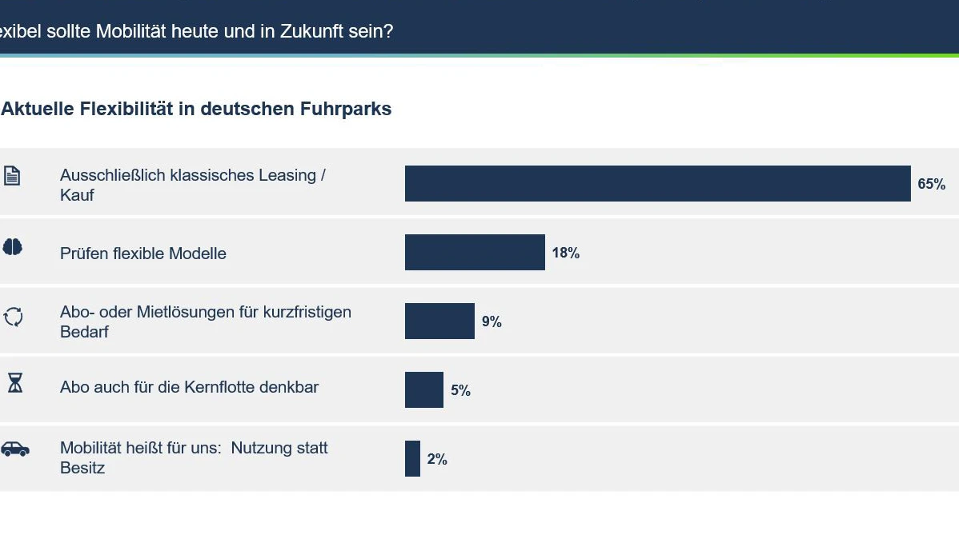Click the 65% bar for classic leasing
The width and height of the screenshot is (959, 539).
(657, 183)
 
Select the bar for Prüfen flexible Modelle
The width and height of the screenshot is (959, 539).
(475, 253)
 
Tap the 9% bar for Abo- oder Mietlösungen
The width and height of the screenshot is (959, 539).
(439, 321)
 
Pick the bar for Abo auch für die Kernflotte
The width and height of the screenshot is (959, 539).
(423, 390)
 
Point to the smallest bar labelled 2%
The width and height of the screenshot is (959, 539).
(412, 458)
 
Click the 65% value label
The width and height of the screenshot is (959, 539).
(932, 184)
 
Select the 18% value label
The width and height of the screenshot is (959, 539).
(566, 253)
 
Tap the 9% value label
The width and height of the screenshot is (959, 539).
(492, 321)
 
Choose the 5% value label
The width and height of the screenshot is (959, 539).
(460, 390)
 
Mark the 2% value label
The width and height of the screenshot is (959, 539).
(437, 459)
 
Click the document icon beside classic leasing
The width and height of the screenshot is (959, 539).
(12, 175)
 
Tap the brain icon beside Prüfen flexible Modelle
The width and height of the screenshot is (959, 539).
(12, 247)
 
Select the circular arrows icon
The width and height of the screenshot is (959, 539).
(13, 317)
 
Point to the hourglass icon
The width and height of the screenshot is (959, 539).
(14, 383)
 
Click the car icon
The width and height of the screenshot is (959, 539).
(15, 449)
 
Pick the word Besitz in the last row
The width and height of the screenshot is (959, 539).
(82, 468)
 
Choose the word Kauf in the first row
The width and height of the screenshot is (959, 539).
(77, 196)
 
